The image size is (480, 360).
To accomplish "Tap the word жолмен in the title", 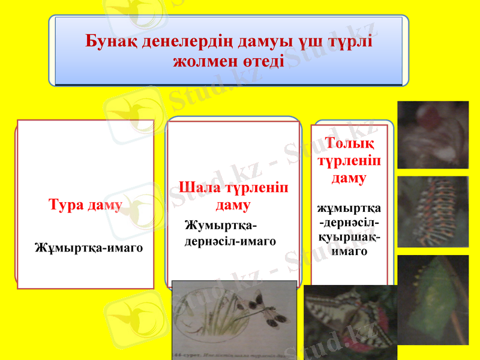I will click(x=203, y=61).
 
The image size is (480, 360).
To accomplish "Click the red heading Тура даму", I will click(x=85, y=205).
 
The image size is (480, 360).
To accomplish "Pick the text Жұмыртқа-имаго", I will click(x=89, y=247).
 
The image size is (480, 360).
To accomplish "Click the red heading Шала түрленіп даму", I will click(x=233, y=196).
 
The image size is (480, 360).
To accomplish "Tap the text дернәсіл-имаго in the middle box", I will click(x=230, y=241).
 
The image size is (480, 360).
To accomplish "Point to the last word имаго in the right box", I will click(x=349, y=251).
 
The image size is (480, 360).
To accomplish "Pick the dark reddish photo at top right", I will click(x=433, y=134).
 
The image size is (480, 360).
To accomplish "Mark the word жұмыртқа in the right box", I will click(x=349, y=209).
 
